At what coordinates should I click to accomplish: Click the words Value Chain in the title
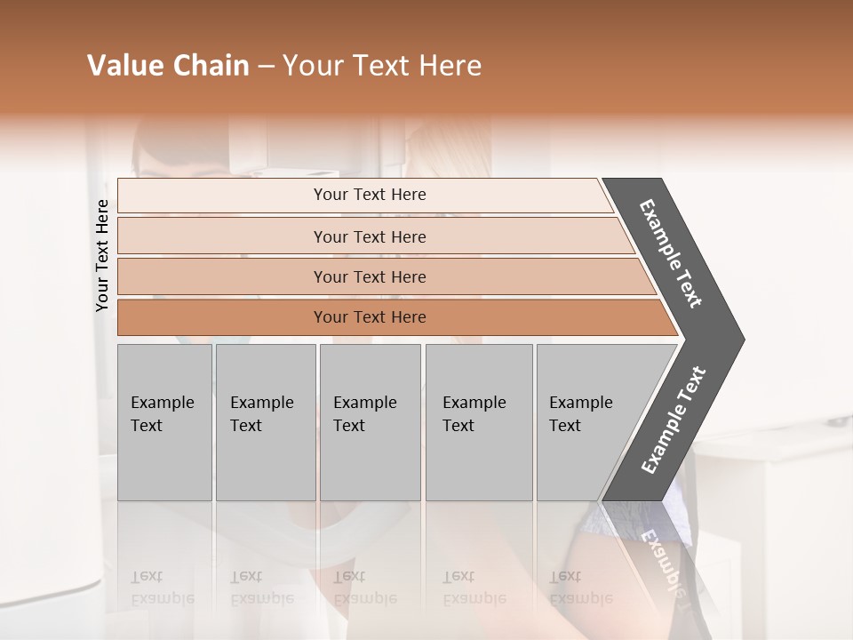168,66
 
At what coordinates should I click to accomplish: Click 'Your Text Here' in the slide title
382,66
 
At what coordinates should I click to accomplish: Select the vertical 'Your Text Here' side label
102,255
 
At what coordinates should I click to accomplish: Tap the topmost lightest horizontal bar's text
370,195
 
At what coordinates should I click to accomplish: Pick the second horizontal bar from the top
370,236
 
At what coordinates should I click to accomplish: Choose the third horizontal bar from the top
370,276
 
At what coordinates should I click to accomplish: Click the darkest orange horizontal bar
370,317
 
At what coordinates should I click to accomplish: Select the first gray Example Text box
164,422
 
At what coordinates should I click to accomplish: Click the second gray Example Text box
265,422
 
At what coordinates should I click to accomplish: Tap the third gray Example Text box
370,422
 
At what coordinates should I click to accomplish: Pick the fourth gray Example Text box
478,422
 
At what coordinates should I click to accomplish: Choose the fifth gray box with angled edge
586,422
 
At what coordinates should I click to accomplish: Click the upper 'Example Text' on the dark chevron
671,253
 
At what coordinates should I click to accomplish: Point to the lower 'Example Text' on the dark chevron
674,420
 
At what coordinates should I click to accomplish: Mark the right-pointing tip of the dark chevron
741,340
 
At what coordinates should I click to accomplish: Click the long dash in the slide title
266,66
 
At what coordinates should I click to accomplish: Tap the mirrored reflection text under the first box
162,588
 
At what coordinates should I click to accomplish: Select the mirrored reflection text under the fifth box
580,588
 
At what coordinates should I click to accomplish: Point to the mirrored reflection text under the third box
364,588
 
